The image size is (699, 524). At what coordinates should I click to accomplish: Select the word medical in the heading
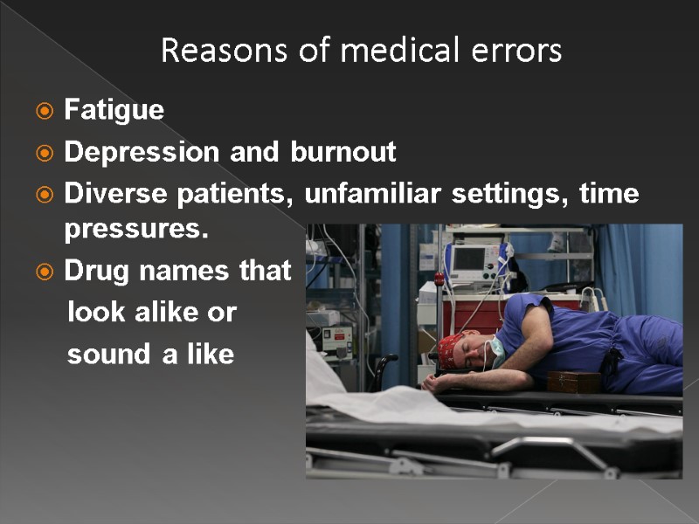[391, 52]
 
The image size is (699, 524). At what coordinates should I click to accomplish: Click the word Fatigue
[114, 110]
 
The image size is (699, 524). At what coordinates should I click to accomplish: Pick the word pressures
[136, 231]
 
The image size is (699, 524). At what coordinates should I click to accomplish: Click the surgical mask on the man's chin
[495, 348]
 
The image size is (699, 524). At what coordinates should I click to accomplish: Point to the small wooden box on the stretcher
[573, 382]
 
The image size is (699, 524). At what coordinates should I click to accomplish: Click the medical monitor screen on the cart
[471, 258]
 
